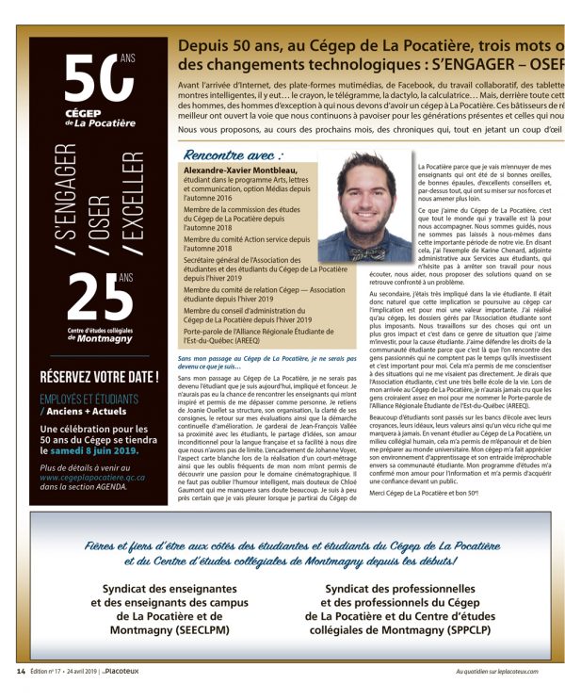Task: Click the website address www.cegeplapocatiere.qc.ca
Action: [x=92, y=478]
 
